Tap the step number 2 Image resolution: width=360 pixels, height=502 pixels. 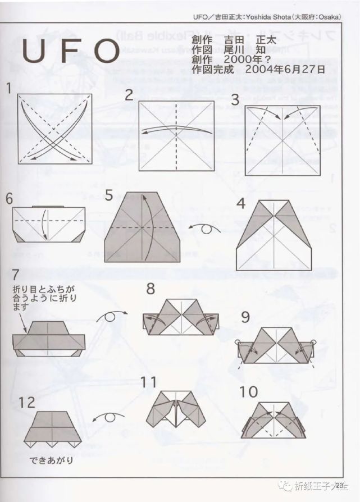129,94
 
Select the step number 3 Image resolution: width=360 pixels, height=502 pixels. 235,100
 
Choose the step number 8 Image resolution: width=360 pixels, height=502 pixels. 151,289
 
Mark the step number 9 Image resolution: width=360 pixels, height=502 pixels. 245,317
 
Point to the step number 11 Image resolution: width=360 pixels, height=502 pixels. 148,382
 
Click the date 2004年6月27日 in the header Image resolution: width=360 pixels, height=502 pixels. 285,69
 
